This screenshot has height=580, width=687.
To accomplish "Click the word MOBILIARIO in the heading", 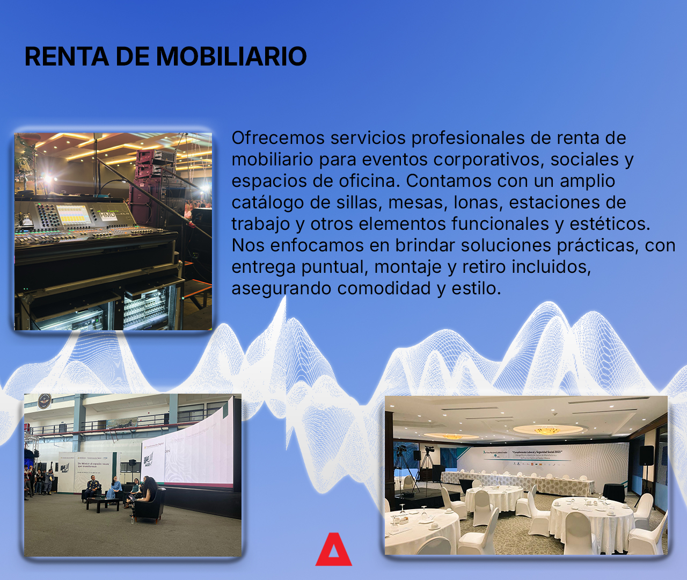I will (231, 56).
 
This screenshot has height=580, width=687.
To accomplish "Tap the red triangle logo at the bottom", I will (333, 550).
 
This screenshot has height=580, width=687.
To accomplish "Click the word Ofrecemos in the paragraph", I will (278, 138).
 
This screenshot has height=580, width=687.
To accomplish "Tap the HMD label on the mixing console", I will (106, 215).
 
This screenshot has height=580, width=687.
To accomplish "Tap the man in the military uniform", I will (93, 487).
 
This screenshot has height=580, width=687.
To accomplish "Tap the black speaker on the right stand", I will (647, 455).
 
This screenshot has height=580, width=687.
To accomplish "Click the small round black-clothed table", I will (613, 492).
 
